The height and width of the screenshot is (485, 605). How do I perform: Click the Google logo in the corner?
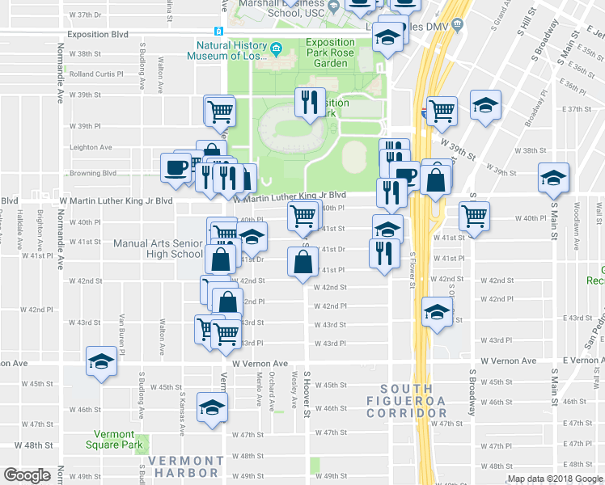[x=27, y=475]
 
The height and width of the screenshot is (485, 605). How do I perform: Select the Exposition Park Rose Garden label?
[x=330, y=53]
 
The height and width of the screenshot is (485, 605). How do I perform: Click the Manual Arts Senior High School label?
[x=158, y=248]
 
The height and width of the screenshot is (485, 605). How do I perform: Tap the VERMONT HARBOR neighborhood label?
[x=186, y=466]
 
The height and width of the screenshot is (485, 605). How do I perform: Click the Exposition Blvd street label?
[x=98, y=35]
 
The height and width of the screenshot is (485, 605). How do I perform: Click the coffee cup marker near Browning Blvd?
[x=175, y=167]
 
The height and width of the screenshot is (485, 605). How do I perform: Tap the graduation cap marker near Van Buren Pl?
[x=103, y=361]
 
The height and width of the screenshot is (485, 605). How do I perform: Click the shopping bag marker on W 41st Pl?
[x=302, y=261]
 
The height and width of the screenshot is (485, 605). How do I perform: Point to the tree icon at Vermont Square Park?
[x=141, y=443]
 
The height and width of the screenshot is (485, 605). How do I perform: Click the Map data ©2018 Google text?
[x=555, y=479]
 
